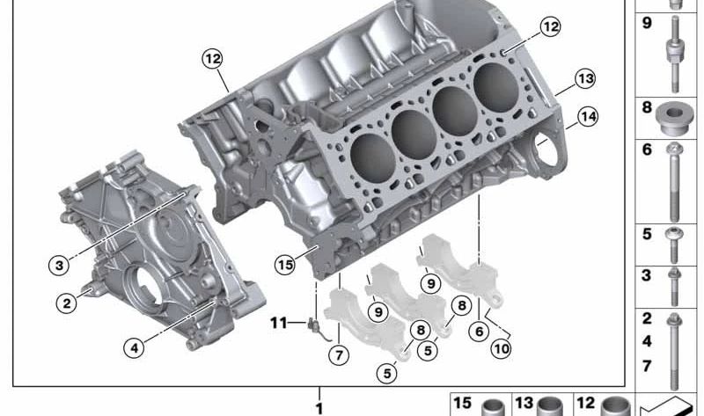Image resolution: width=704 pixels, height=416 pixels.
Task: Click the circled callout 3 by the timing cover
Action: [x=59, y=266]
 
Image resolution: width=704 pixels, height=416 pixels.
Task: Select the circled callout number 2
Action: [x=67, y=303]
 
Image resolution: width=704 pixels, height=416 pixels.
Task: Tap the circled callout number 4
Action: [x=135, y=347]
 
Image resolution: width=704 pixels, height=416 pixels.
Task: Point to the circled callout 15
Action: [x=285, y=265]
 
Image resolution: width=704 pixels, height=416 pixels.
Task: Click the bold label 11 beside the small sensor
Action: [x=278, y=323]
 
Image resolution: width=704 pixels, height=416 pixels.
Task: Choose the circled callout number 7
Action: [x=339, y=355]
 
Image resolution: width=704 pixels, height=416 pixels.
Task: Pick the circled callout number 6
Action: [x=479, y=332]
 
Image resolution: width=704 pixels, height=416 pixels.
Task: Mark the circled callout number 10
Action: [x=501, y=348]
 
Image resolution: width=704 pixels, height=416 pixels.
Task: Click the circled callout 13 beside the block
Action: [x=585, y=79]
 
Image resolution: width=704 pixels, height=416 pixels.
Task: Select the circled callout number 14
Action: [x=588, y=117]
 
